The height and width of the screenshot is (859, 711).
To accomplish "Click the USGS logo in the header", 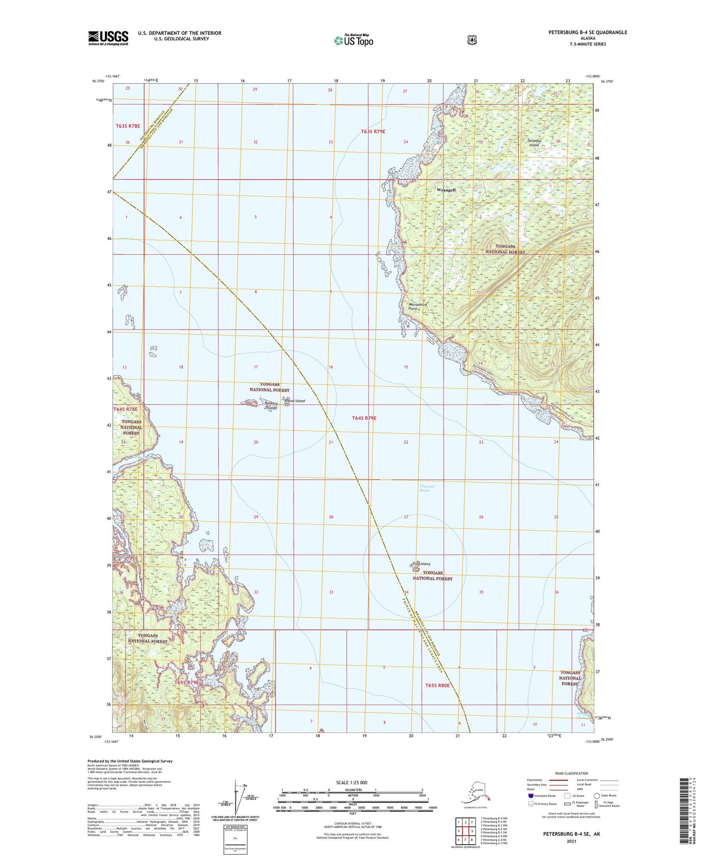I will [x=108, y=38].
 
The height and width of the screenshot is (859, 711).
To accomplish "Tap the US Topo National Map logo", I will [x=353, y=40].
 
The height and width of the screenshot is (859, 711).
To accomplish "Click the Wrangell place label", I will [x=446, y=190].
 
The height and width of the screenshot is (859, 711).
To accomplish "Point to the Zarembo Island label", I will [x=534, y=143].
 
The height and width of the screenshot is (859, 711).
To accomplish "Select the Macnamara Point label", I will [x=418, y=307].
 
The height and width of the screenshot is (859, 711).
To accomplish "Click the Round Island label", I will [x=294, y=401].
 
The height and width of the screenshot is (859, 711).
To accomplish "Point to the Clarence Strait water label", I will [x=427, y=488].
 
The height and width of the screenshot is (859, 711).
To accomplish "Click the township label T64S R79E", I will [x=364, y=418].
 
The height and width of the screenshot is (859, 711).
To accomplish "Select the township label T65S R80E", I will [x=437, y=685].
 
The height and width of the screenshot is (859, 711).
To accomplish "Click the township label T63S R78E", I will [x=127, y=126].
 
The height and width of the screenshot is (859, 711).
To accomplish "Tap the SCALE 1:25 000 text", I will [x=351, y=783].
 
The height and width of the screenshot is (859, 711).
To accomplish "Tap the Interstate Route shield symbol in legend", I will [x=530, y=796].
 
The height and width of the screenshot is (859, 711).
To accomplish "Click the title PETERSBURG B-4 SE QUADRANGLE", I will [x=587, y=32].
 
